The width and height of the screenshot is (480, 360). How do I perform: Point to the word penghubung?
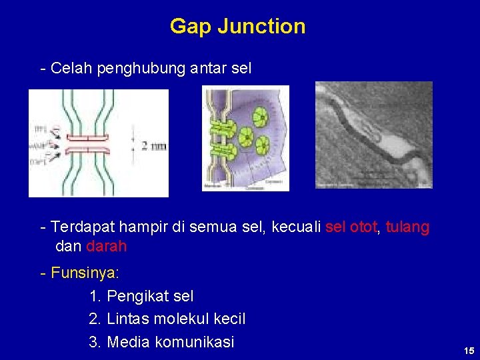[x=137, y=69]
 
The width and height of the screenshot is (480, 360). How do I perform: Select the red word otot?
[x=365, y=227]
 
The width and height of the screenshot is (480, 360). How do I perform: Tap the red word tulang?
[x=407, y=227]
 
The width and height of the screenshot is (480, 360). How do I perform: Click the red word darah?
[x=106, y=246]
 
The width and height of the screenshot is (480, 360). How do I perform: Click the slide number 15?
[x=469, y=351]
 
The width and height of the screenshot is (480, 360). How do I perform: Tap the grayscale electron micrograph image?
[x=373, y=135]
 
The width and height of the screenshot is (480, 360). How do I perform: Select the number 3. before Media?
[x=95, y=343]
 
